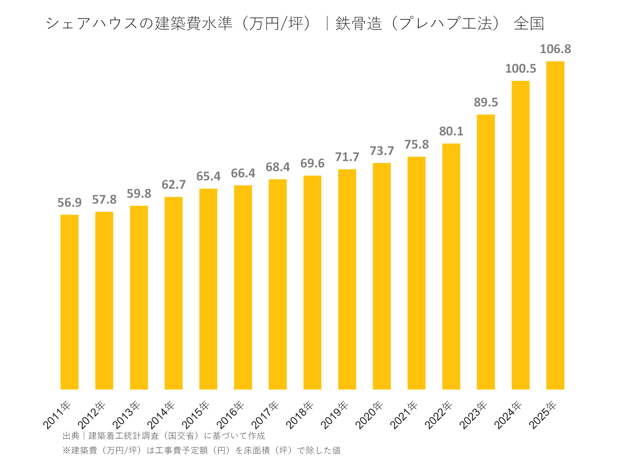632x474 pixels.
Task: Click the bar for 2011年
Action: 69,302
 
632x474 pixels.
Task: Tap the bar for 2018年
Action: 312,282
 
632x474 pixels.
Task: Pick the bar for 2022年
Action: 451,266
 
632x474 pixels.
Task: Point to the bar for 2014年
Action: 173,293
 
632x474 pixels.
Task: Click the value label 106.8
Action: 555,49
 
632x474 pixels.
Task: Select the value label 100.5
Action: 520,68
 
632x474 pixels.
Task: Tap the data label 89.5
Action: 486,102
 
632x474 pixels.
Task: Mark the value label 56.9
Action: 69,203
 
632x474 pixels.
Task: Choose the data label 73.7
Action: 382,151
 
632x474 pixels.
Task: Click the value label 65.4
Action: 208,176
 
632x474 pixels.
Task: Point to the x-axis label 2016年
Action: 230,415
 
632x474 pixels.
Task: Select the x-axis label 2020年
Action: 369,415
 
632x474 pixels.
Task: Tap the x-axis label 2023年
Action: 473,415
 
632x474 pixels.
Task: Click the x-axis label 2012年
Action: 92,415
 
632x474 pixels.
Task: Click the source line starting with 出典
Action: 164,436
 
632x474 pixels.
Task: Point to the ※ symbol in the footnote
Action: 66,450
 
